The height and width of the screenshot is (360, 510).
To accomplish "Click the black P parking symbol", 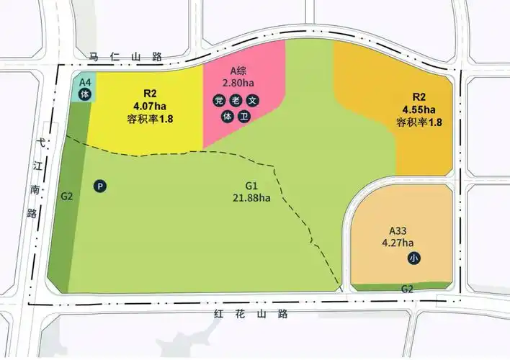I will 101,186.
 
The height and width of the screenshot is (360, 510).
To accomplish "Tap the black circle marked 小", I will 414,258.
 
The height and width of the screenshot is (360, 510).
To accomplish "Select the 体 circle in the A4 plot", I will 84,94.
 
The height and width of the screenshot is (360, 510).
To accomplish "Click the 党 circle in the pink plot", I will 218,101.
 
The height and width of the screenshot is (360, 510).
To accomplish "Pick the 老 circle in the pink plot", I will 236,101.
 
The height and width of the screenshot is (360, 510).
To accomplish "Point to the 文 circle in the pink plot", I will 252,101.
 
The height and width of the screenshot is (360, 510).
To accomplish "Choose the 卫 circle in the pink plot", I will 244,116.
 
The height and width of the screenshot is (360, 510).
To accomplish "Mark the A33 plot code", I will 398,231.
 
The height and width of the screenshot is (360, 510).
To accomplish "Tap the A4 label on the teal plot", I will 85,82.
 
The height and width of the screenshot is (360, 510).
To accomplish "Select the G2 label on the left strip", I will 67,195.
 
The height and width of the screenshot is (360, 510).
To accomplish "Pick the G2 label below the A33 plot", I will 407,289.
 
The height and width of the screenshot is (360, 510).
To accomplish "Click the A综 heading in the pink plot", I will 238,71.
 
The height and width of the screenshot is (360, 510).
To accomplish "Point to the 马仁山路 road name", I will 125,55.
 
